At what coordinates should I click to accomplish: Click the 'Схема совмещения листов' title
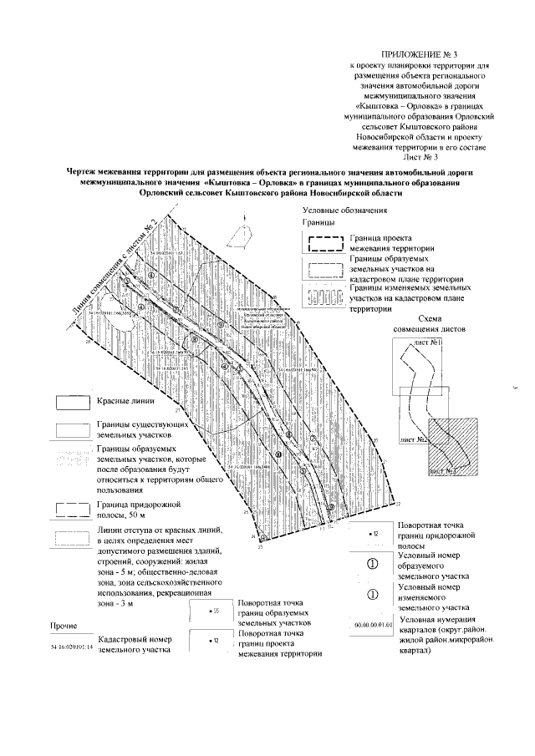(428, 322)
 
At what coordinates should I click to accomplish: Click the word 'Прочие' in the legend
(65, 625)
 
